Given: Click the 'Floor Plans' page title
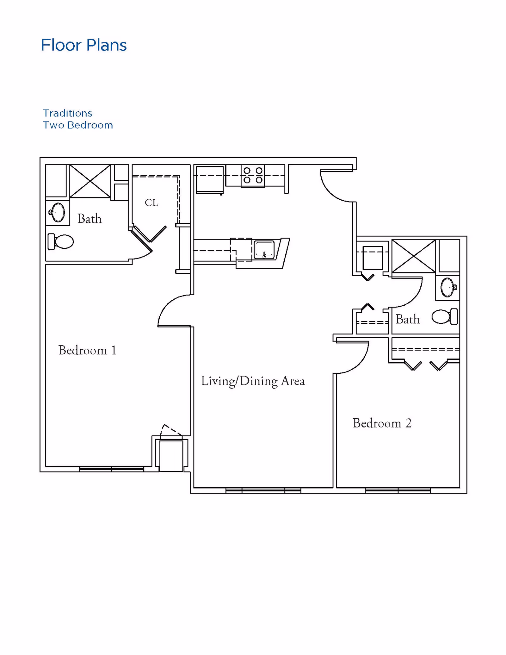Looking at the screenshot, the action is [84, 45].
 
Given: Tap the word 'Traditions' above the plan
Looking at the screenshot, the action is [68, 113].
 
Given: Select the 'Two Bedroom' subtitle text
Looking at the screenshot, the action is [78, 125].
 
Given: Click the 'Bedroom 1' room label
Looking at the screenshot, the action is [87, 350].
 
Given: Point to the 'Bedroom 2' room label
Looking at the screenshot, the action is [382, 423].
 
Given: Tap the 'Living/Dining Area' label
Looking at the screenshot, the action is [253, 381].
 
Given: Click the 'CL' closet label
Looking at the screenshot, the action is [151, 203].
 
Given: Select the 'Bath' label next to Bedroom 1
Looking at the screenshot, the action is [89, 219].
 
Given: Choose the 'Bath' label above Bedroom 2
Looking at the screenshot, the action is [408, 319].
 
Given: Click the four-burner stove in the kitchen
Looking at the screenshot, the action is [253, 176].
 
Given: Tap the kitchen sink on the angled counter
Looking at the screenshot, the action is [264, 250].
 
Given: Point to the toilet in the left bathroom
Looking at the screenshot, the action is [61, 242].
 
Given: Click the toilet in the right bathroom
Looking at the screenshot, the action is [445, 316].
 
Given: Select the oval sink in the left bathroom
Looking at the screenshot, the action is [57, 212].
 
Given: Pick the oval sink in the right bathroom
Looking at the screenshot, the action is [448, 287].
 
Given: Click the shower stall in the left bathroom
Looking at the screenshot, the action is [90, 181].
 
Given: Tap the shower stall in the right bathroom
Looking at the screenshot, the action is [414, 256].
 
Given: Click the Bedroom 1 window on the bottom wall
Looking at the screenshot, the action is [111, 469].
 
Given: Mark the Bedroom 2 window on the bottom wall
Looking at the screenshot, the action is [398, 490].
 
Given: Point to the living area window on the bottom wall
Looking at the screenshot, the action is [263, 490].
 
